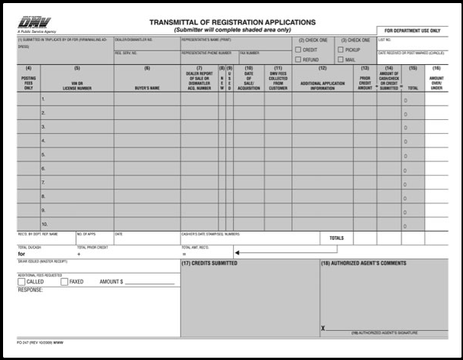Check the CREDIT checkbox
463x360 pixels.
click(x=297, y=50)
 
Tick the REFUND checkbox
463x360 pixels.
click(x=297, y=59)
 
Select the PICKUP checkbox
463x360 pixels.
click(x=340, y=50)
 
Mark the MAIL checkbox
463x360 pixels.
click(x=340, y=59)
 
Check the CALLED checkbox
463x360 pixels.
click(x=21, y=281)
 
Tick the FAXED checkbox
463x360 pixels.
click(x=64, y=281)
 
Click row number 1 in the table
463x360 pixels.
click(x=44, y=99)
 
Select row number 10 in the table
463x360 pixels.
click(x=44, y=224)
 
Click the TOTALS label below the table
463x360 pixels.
click(x=337, y=238)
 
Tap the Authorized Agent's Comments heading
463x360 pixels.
click(x=363, y=263)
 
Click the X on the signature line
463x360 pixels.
click(x=324, y=328)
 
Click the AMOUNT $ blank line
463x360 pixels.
click(x=150, y=283)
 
